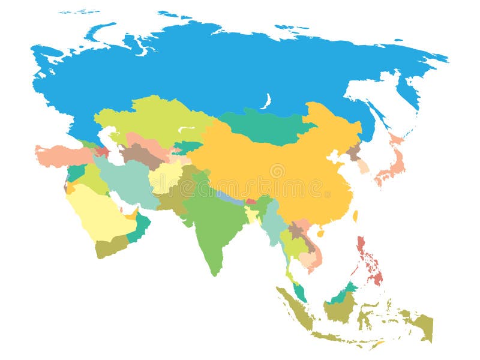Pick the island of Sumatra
(x=294, y=309)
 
